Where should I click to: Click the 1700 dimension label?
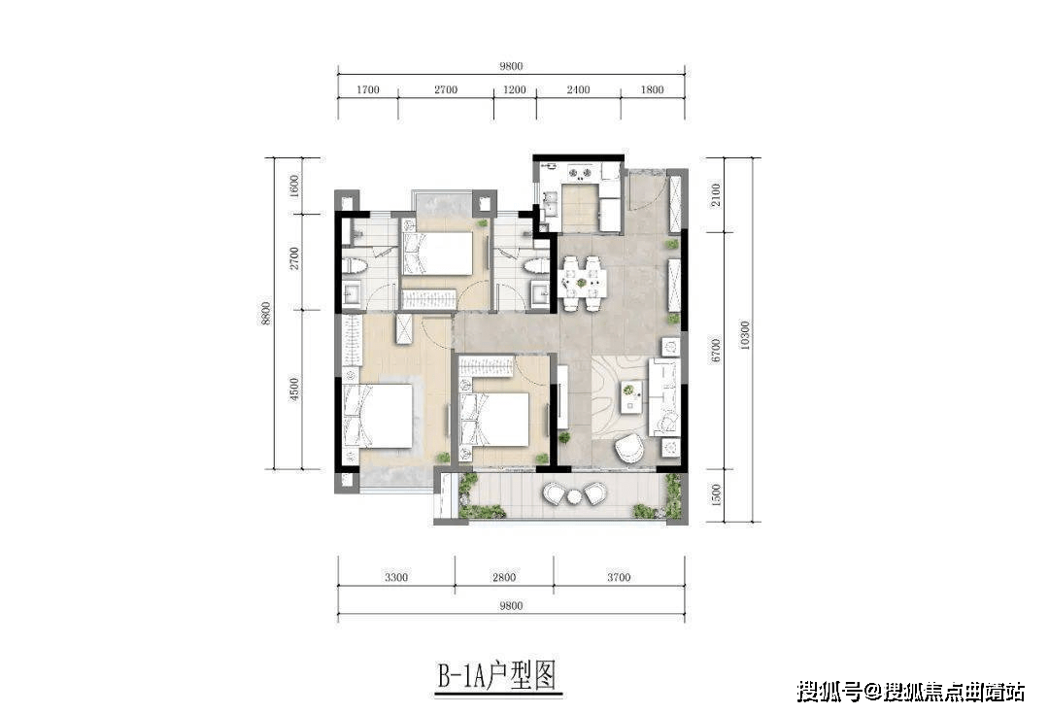pos(367,90)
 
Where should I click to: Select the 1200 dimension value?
pos(515,90)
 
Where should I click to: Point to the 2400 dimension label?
pos(578,90)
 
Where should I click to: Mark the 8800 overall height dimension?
pos(263,313)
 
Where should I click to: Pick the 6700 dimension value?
pos(716,350)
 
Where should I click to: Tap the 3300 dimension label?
pos(395,577)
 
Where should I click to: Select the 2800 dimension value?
pos(503,577)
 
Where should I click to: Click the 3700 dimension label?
pos(618,577)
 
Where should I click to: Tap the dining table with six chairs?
pos(583,283)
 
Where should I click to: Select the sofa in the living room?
pos(664,392)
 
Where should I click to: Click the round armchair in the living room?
pos(629,448)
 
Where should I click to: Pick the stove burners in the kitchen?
pos(580,175)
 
